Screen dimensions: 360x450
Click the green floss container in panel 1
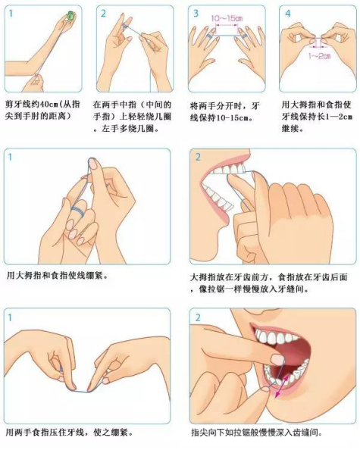point(70,15)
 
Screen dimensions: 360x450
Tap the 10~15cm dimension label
point(227,18)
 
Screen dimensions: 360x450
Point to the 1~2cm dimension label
point(319,55)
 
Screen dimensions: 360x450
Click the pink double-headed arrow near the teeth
point(282,387)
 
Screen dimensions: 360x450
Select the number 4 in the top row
point(288,13)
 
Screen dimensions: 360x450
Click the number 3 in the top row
point(196,13)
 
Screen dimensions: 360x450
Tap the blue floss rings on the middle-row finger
point(77,211)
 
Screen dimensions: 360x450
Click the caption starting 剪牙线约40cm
point(42,110)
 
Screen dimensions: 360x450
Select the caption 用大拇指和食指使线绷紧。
point(58,276)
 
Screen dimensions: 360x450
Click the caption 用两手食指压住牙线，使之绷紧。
point(69,432)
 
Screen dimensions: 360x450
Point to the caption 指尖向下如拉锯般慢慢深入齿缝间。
point(257,433)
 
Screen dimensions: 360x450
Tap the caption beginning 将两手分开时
point(225,112)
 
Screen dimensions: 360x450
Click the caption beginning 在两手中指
point(133,116)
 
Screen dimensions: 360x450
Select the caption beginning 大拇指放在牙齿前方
point(269,283)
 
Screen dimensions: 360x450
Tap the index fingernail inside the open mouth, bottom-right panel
point(277,359)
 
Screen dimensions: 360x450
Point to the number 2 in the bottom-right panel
point(198,317)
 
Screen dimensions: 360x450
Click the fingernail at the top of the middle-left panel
point(93,164)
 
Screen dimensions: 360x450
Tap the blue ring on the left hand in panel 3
point(209,36)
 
